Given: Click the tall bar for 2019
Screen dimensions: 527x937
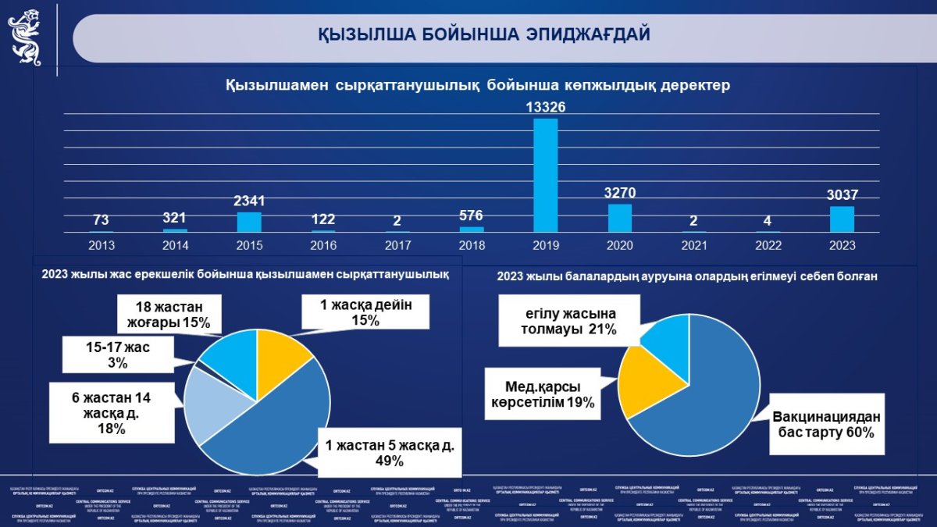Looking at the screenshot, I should tap(545, 176).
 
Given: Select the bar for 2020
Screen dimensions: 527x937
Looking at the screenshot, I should tap(619, 218).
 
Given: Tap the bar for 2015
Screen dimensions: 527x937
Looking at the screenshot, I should tap(249, 223).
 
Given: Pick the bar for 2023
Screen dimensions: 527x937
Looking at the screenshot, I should tap(842, 219).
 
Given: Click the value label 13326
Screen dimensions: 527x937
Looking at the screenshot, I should tap(545, 107).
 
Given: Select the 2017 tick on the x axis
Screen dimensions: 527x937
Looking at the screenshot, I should tap(397, 245).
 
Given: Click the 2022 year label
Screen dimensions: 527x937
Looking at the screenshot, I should tap(768, 245).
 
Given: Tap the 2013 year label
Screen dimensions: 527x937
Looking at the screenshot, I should tap(102, 245).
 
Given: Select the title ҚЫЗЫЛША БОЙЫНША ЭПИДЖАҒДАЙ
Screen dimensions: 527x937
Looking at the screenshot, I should tap(484, 35).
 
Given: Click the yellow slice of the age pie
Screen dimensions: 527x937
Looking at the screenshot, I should tap(283, 350).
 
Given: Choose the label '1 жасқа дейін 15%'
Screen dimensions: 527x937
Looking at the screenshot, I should tap(365, 312).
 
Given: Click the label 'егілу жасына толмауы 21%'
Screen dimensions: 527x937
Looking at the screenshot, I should tap(568, 321).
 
